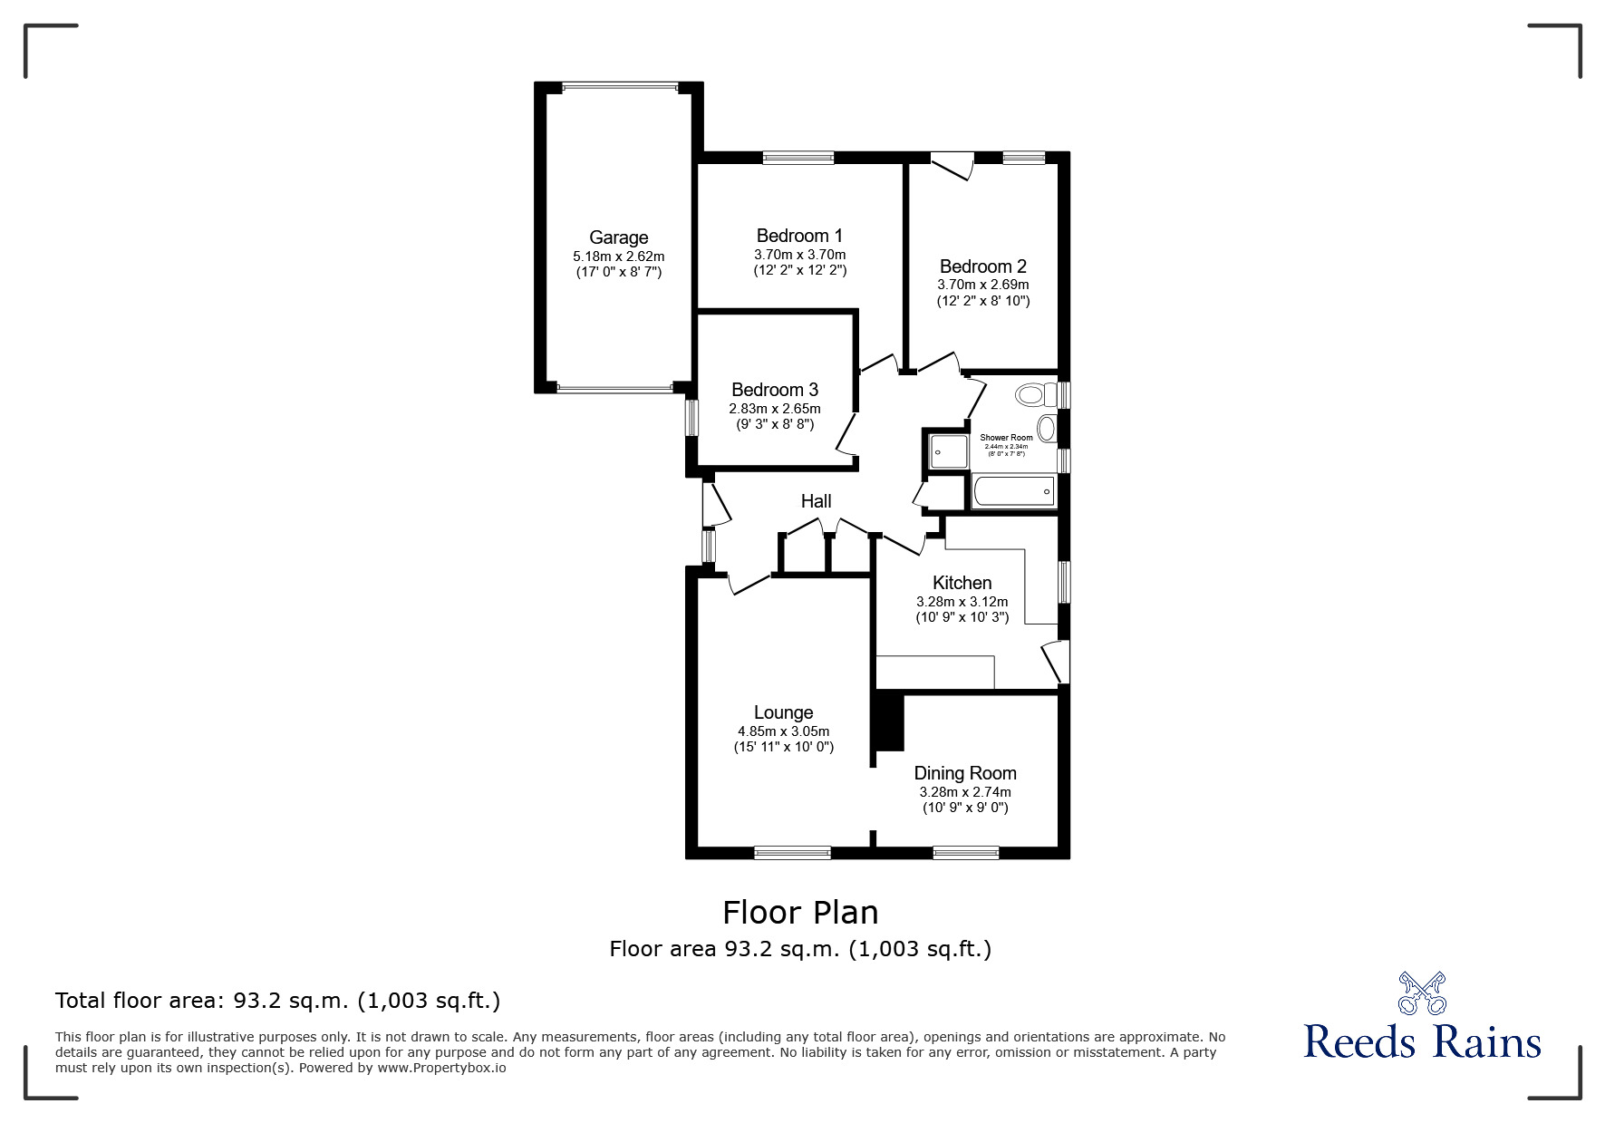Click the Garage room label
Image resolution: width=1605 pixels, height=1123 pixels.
[618, 237]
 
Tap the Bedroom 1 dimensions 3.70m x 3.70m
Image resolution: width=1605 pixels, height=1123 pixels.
[799, 255]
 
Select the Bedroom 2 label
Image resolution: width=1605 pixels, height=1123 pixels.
[982, 266]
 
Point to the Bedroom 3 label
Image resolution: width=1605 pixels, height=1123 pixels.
[774, 390]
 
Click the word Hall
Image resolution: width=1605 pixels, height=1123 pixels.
[816, 501]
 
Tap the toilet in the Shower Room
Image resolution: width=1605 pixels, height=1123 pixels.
[1034, 395]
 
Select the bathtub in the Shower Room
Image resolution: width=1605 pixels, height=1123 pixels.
[1012, 492]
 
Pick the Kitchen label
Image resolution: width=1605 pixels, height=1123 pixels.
[962, 583]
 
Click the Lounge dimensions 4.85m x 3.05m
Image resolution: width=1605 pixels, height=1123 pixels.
[783, 731]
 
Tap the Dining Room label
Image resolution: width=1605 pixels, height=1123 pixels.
[964, 773]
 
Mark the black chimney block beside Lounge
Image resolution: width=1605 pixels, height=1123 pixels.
[888, 721]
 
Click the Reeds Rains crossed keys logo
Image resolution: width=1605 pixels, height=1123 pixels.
[1422, 992]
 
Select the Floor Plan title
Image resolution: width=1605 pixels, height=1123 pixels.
[800, 912]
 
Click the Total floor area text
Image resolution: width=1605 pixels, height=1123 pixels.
[277, 1001]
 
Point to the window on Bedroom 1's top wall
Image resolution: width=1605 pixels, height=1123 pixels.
[798, 158]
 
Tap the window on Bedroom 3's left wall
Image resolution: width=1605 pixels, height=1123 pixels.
[691, 418]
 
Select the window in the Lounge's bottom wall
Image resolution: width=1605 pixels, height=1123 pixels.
[792, 852]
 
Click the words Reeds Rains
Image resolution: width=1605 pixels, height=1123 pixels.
[1422, 1042]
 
